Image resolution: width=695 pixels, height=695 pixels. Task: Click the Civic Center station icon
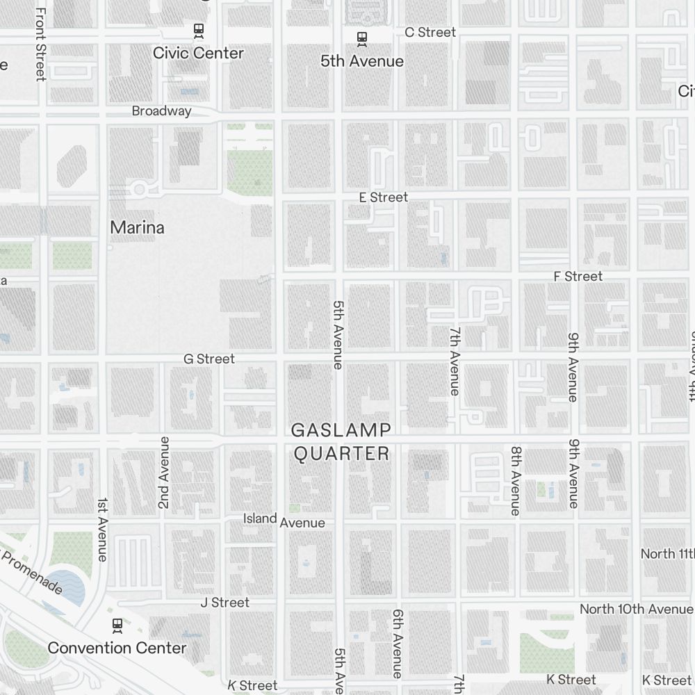pyautogui.click(x=198, y=30)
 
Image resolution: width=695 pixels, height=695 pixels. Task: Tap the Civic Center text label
pyautogui.click(x=198, y=53)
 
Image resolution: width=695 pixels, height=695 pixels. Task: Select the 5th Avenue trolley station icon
pyautogui.click(x=361, y=38)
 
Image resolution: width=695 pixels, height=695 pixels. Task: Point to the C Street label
pyautogui.click(x=430, y=32)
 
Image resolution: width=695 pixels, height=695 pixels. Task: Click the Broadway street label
pyautogui.click(x=161, y=111)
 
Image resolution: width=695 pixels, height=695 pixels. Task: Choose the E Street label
pyautogui.click(x=383, y=197)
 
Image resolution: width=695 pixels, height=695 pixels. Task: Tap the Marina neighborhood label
pyautogui.click(x=137, y=227)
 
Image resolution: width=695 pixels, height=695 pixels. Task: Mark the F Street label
pyautogui.click(x=578, y=277)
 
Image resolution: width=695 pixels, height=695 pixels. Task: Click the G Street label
pyautogui.click(x=209, y=359)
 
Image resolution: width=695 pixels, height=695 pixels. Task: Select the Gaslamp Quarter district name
pyautogui.click(x=341, y=442)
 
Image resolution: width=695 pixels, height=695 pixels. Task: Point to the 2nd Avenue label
pyautogui.click(x=164, y=473)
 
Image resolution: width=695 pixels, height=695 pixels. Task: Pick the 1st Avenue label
pyautogui.click(x=102, y=530)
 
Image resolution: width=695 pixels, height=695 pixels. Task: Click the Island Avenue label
pyautogui.click(x=284, y=521)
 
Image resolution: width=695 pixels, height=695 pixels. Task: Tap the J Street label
pyautogui.click(x=224, y=603)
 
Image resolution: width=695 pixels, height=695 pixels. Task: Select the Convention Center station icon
pyautogui.click(x=117, y=625)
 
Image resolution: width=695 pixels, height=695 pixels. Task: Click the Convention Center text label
pyautogui.click(x=117, y=648)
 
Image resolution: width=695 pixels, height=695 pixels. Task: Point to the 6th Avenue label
pyautogui.click(x=398, y=644)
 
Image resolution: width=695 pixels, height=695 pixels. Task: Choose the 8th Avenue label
pyautogui.click(x=515, y=480)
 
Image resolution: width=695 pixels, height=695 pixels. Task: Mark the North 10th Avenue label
pyautogui.click(x=636, y=610)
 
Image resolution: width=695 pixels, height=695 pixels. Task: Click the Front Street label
pyautogui.click(x=40, y=44)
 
